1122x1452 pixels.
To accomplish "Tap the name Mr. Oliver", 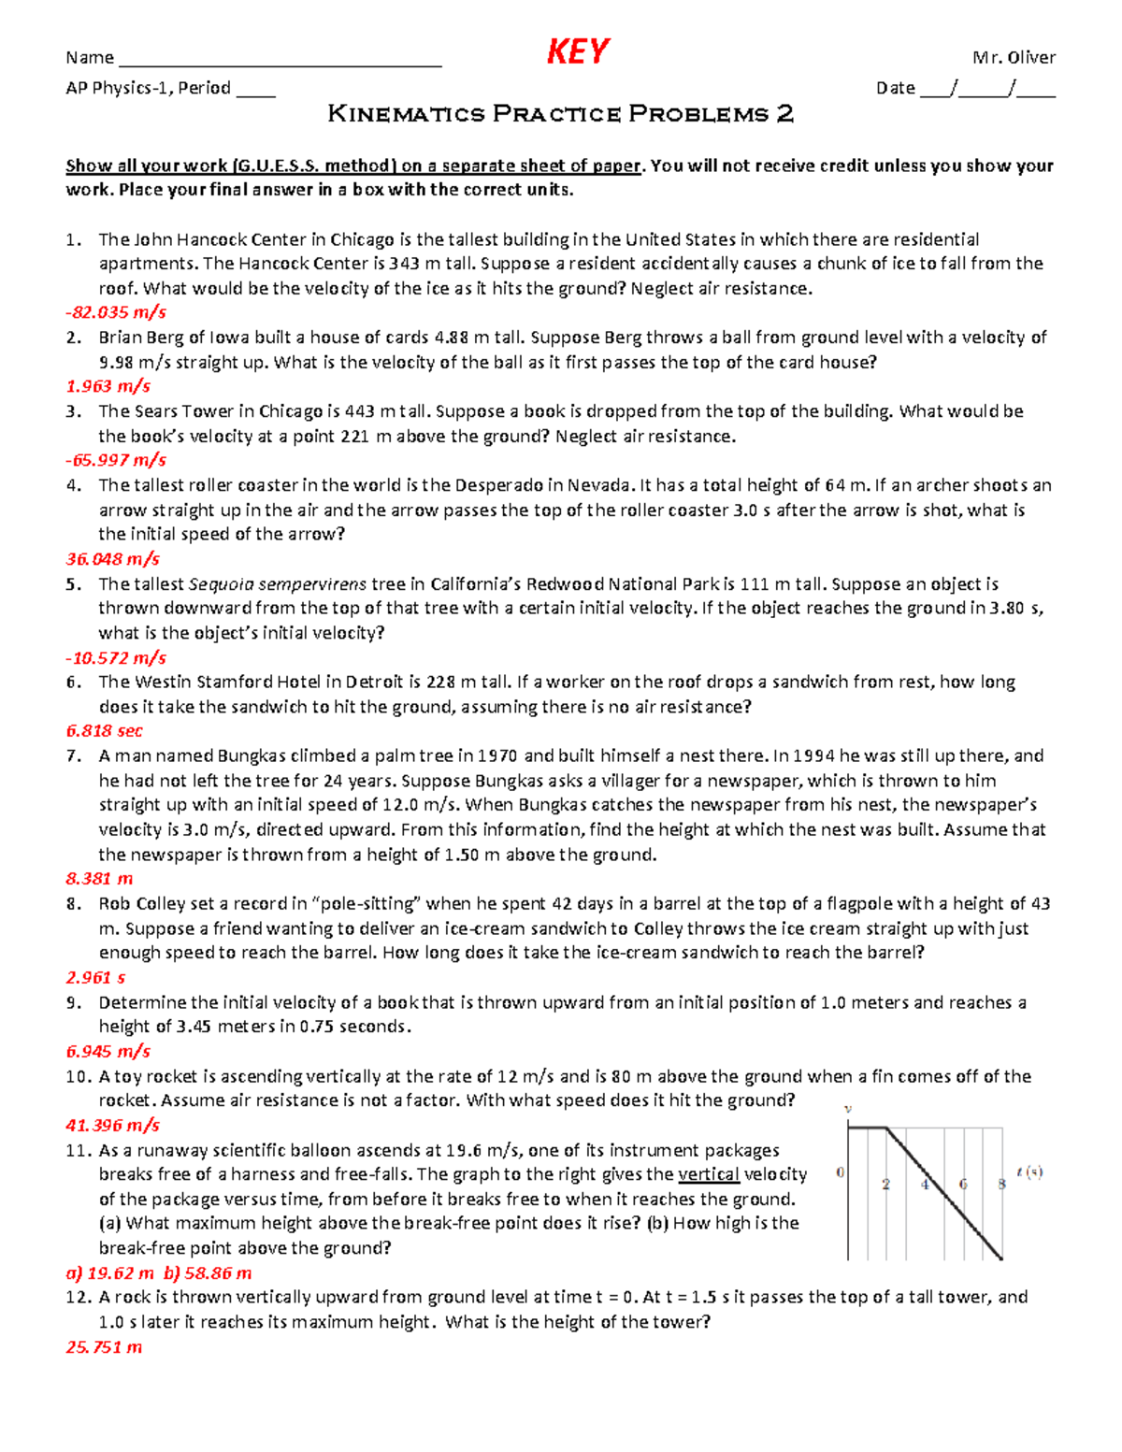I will click(x=1014, y=58).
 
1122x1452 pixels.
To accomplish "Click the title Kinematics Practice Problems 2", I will click(x=561, y=114).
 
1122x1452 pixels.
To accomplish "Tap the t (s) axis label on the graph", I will click(x=1029, y=1172).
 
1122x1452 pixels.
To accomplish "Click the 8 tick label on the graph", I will click(x=1001, y=1184).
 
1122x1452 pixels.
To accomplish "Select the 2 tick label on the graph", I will click(x=885, y=1184).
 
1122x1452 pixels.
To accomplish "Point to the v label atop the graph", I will click(x=848, y=1109).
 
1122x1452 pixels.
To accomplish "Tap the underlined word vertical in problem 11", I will click(x=709, y=1174).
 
